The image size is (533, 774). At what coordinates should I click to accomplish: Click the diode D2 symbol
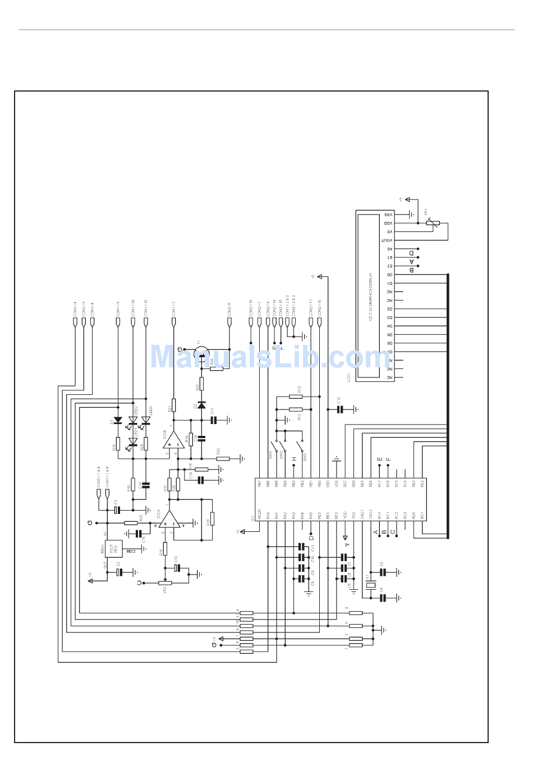(201, 405)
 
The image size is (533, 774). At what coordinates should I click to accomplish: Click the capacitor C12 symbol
(339, 409)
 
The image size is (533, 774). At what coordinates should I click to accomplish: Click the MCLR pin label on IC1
(259, 515)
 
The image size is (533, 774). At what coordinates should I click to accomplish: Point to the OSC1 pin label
(362, 515)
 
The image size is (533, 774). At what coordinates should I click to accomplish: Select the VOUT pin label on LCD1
(388, 240)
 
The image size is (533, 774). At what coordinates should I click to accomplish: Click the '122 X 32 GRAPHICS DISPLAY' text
(371, 297)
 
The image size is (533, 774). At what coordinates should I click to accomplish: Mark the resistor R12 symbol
(295, 397)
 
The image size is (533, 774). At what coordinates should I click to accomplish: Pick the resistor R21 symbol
(174, 405)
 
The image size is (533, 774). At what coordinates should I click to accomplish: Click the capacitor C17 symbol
(214, 420)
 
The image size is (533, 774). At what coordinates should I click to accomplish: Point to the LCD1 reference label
(349, 377)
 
